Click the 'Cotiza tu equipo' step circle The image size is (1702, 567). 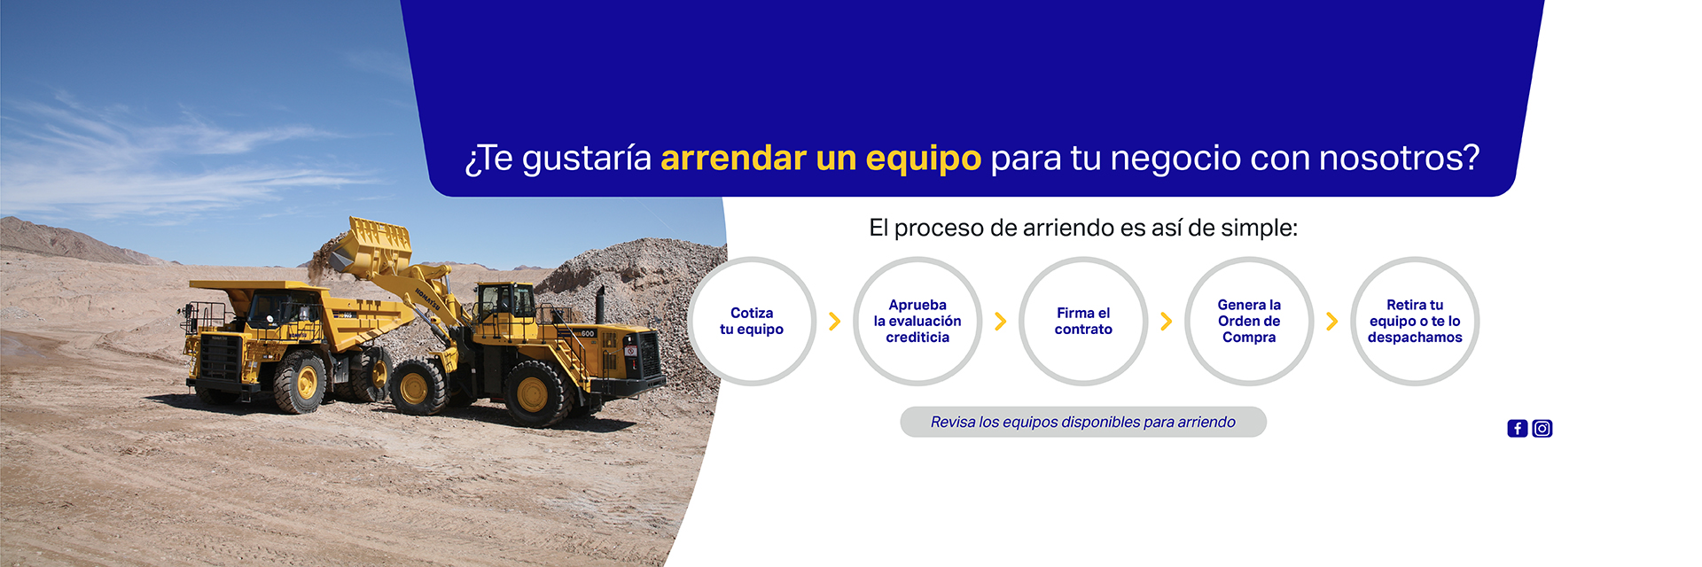[x=752, y=321]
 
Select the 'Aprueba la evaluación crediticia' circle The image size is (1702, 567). [x=917, y=321]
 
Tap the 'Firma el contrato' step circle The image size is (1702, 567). [x=1083, y=321]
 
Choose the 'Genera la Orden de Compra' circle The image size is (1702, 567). [x=1249, y=321]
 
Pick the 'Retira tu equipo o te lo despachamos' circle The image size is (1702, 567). [x=1415, y=321]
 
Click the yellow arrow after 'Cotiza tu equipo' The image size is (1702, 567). [x=835, y=321]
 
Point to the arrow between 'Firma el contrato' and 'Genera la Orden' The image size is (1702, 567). [x=1167, y=321]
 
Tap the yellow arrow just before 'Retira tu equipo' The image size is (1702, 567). [x=1332, y=321]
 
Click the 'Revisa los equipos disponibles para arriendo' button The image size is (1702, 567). [x=1083, y=422]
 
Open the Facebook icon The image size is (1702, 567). [x=1518, y=429]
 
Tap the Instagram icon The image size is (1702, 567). [x=1542, y=429]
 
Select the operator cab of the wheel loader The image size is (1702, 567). [x=504, y=302]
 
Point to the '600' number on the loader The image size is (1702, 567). [x=588, y=333]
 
